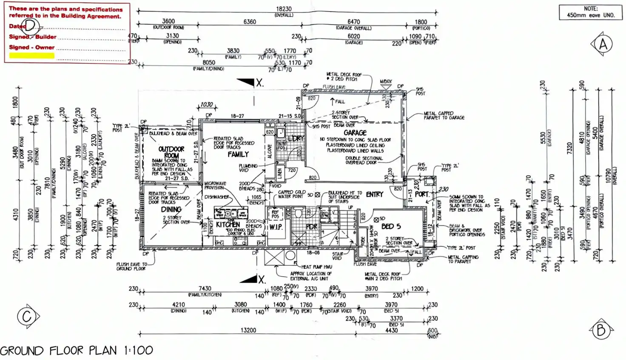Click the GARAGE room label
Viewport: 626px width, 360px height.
pyautogui.click(x=355, y=133)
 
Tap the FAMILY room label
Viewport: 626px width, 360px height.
pyautogui.click(x=238, y=154)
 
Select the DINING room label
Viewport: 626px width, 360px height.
pyautogui.click(x=171, y=209)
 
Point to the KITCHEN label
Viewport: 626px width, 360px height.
pyautogui.click(x=228, y=225)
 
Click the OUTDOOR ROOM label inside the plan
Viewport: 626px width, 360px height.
pyautogui.click(x=171, y=152)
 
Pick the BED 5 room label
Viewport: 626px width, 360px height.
pyautogui.click(x=391, y=226)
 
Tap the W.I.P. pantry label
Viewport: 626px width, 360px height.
pyautogui.click(x=276, y=227)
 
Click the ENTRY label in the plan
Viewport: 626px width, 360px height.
pyautogui.click(x=374, y=194)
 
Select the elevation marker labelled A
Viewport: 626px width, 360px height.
pyautogui.click(x=603, y=44)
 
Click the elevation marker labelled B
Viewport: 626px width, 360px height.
pyautogui.click(x=601, y=330)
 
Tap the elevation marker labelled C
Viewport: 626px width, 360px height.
pyautogui.click(x=27, y=316)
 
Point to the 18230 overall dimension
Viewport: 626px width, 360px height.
pyautogui.click(x=284, y=9)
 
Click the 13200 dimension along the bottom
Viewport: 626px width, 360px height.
pyautogui.click(x=248, y=330)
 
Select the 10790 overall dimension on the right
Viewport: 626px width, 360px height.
pyautogui.click(x=608, y=175)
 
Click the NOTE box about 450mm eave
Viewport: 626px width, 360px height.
pyautogui.click(x=590, y=12)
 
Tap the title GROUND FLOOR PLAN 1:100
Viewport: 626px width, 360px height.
pyautogui.click(x=77, y=351)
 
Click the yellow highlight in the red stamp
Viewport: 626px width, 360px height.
pyautogui.click(x=32, y=55)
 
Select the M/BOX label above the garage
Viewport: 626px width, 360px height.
pyautogui.click(x=386, y=81)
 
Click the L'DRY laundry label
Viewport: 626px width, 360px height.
pyautogui.click(x=296, y=139)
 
